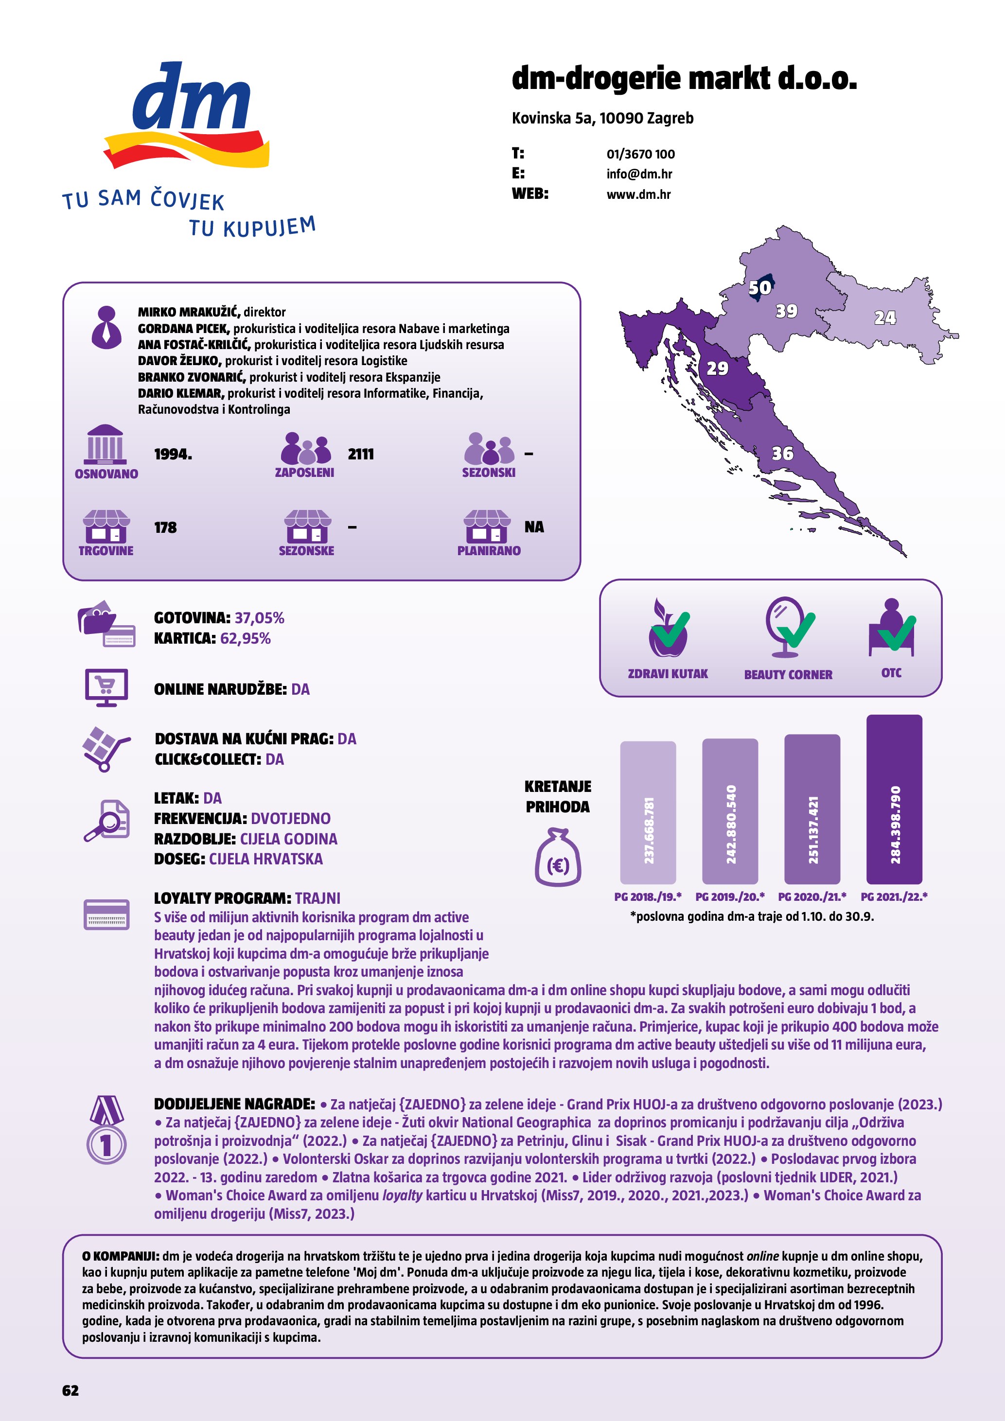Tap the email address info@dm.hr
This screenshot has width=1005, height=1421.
pos(639,174)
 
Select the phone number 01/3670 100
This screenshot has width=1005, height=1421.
pos(640,154)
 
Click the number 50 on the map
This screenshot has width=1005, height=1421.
pos(760,287)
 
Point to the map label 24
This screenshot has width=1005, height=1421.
pos(884,317)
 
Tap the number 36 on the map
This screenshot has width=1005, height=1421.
pos(782,454)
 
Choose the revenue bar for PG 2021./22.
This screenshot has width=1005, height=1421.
pos(894,799)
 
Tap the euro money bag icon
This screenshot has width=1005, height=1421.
pos(558,858)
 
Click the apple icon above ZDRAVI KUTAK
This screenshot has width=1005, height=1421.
pos(668,629)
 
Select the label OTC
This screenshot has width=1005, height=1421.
pos(891,673)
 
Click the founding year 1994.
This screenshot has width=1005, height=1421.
pos(173,454)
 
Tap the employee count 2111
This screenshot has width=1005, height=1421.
pos(361,454)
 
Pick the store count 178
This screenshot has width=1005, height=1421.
pos(165,528)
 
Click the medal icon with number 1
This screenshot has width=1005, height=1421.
pos(106,1131)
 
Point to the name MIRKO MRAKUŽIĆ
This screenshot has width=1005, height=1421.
pos(189,312)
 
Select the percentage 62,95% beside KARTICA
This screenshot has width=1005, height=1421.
pos(245,638)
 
